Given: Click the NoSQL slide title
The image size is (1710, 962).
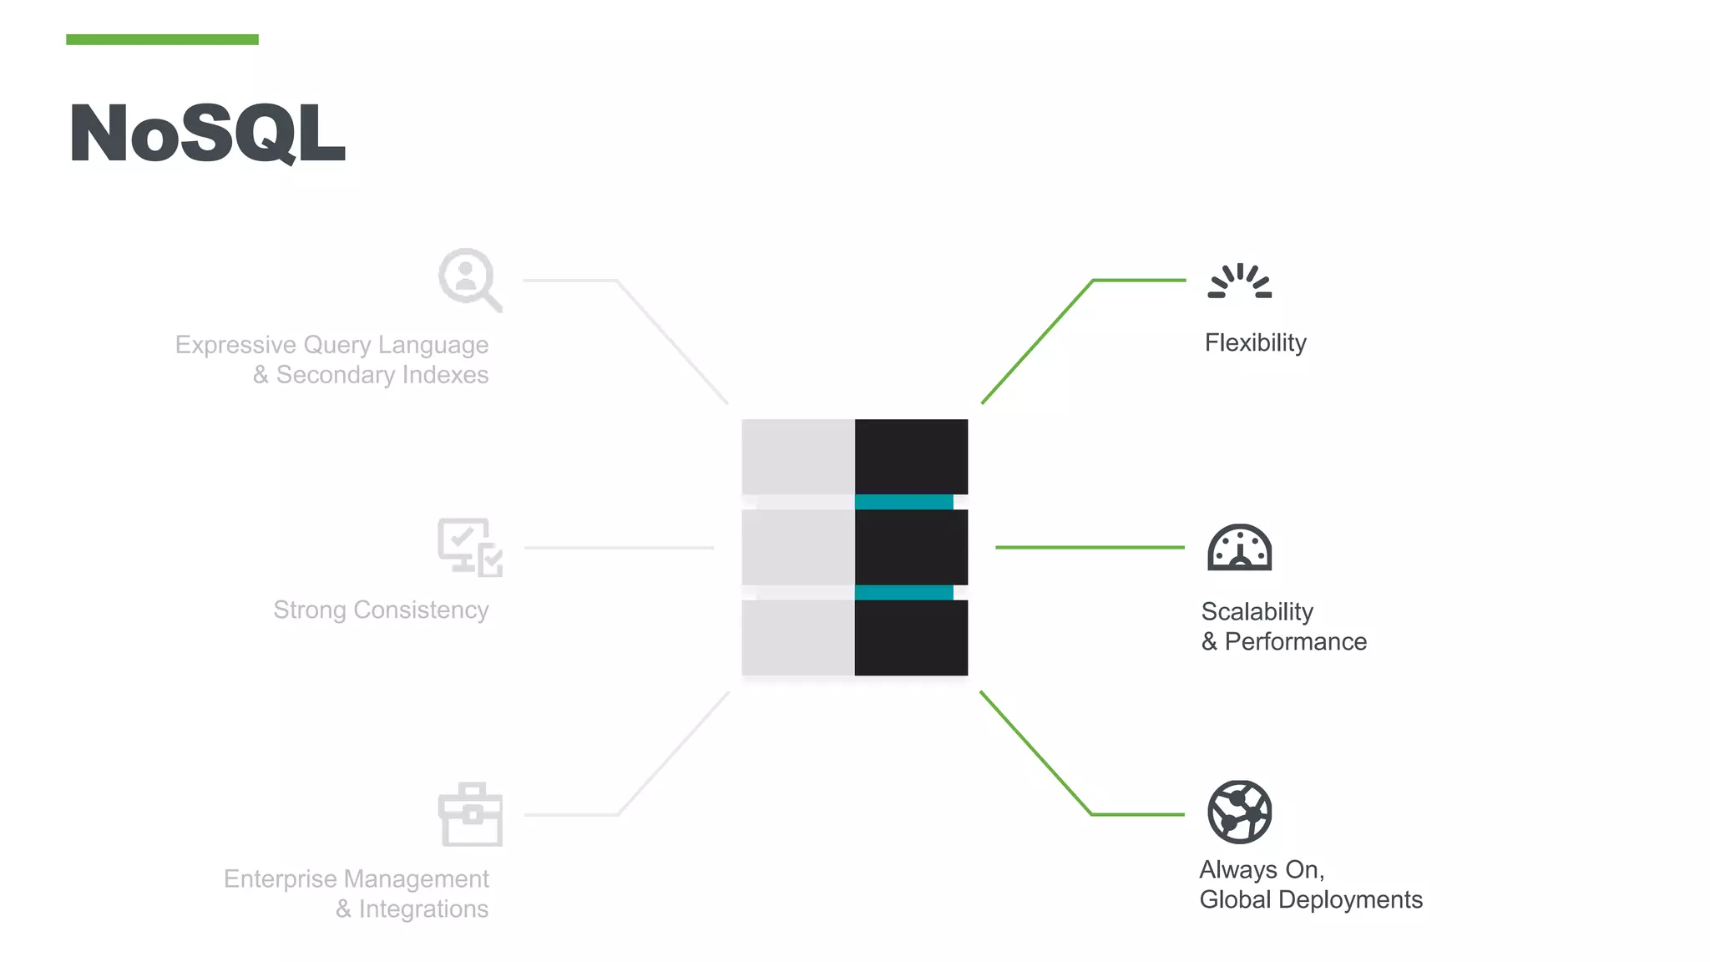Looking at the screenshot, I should (x=207, y=134).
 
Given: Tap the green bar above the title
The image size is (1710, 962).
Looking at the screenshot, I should (x=162, y=39).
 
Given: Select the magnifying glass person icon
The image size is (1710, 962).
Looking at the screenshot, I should (x=469, y=279).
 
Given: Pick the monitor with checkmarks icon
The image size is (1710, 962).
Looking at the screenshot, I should (x=470, y=547).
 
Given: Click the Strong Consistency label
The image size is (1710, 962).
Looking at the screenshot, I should (x=381, y=610).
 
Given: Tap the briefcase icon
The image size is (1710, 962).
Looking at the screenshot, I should (x=470, y=814).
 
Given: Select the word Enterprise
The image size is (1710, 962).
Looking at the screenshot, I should (x=281, y=879).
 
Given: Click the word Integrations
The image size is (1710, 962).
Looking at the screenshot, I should (x=423, y=909).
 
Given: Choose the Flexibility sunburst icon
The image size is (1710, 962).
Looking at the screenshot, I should (x=1240, y=281).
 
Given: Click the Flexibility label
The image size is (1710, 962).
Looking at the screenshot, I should (x=1255, y=343).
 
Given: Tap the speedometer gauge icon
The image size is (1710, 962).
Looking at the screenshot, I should (x=1240, y=548).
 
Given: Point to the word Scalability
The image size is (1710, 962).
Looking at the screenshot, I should (x=1257, y=612).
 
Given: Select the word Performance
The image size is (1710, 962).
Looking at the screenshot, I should (x=1295, y=642).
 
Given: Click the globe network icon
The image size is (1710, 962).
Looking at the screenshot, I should (x=1240, y=812).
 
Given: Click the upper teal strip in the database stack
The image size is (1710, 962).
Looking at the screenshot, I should (x=903, y=502).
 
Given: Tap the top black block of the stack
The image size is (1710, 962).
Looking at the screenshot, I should (x=911, y=456).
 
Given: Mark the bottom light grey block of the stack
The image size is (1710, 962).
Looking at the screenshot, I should (x=798, y=638).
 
